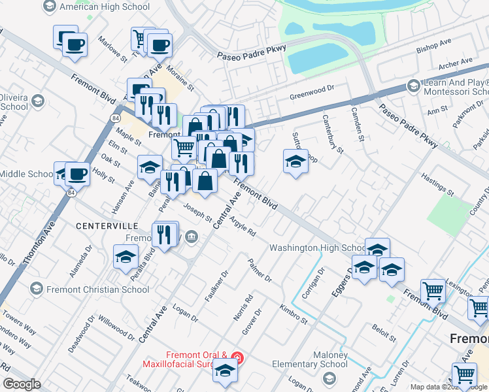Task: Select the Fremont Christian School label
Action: click(89, 289)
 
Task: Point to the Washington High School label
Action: click(318, 248)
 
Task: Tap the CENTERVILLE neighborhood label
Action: click(107, 225)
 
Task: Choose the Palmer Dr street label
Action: click(260, 270)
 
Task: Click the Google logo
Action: click(22, 384)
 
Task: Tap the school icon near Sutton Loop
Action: click(295, 160)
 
